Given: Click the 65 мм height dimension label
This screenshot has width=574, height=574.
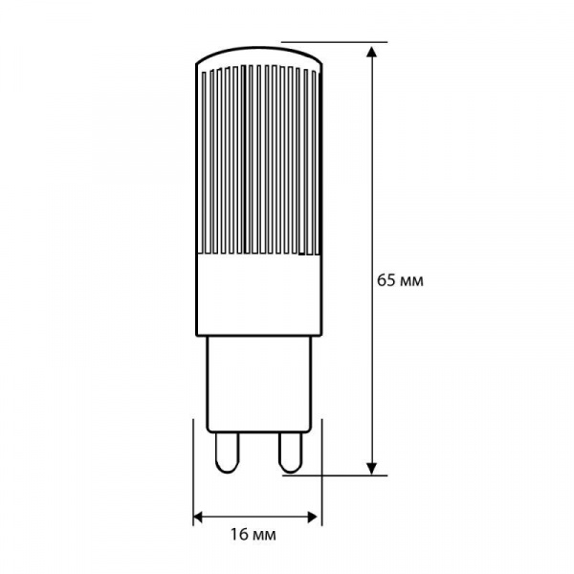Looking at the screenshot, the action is click(x=400, y=280).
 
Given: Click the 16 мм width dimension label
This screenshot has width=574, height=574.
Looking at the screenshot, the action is click(x=253, y=535).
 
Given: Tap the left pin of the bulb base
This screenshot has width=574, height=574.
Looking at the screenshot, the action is click(x=227, y=453).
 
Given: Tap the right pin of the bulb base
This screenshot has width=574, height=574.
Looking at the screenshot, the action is click(x=291, y=453).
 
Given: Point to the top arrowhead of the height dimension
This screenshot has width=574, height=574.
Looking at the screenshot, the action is click(x=372, y=52).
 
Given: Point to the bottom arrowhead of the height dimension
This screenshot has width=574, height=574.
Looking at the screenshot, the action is click(x=372, y=468).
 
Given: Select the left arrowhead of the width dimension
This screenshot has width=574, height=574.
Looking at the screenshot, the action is click(x=198, y=518).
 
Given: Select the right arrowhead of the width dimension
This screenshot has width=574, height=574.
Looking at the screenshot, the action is click(x=313, y=518).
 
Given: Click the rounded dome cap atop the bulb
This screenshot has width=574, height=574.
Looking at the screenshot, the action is click(x=259, y=55).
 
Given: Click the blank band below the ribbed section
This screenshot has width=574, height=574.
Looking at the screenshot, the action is click(x=259, y=295).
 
